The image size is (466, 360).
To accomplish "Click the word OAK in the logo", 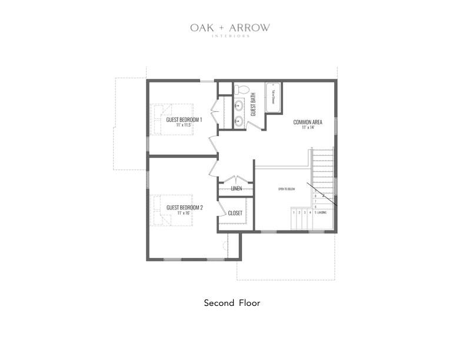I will (201, 28).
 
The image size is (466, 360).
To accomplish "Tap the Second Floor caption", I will (232, 304).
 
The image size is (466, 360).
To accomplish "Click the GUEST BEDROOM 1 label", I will (184, 120).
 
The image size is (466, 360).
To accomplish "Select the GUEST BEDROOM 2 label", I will (184, 208).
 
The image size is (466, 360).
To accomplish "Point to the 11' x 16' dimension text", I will (184, 213).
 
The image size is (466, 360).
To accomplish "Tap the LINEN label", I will (236, 189).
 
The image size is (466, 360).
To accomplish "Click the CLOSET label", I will (235, 213).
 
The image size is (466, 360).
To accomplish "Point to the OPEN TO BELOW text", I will (286, 189).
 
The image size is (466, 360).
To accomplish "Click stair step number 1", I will (294, 212).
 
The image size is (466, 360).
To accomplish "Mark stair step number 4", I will (310, 212).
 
